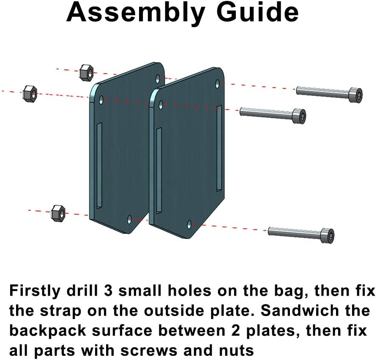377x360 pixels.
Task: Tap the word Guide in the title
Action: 257,12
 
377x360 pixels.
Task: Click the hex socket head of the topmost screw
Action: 356,95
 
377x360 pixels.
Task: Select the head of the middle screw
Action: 299,116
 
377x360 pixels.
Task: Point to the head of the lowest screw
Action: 328,235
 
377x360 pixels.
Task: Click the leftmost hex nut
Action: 30,94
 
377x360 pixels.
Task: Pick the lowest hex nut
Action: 58,214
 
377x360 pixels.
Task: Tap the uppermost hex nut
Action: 86,72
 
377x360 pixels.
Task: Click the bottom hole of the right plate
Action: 189,224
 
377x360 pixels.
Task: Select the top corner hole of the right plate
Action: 218,84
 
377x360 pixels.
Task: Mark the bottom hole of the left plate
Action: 130,219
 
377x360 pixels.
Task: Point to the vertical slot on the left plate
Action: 99,165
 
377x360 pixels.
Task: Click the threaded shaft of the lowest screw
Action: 295,233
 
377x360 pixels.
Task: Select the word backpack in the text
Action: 48,331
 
